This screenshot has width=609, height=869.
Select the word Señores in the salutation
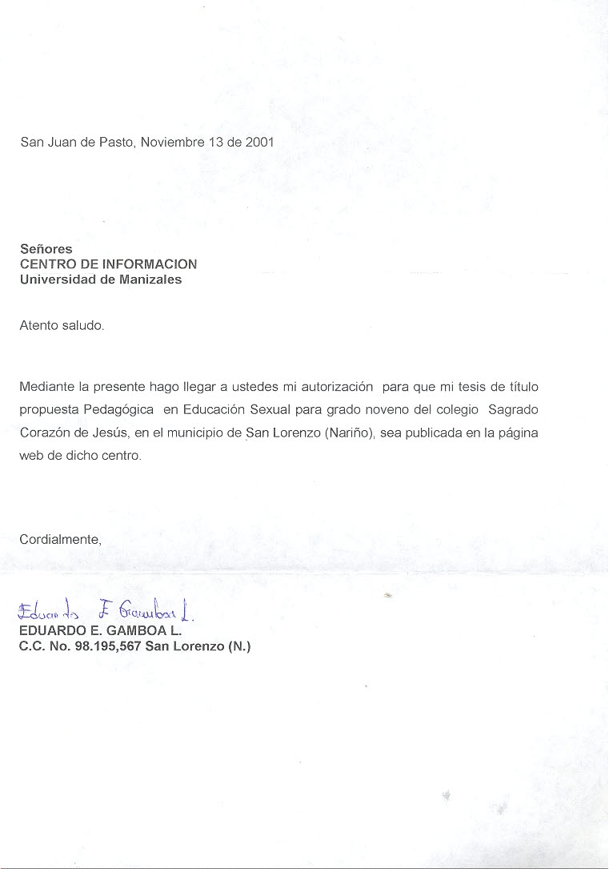pos(46,250)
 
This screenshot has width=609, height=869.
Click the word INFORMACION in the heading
pos(150,264)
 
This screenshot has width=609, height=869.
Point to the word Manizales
pos(151,280)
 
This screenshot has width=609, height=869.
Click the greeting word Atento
pos(38,326)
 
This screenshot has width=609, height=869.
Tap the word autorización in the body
pos(337,387)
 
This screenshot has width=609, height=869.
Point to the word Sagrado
pos(513,409)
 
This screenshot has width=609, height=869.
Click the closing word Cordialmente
pos(60,540)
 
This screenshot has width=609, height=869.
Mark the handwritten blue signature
pos(105,614)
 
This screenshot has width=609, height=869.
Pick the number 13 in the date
pos(216,143)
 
